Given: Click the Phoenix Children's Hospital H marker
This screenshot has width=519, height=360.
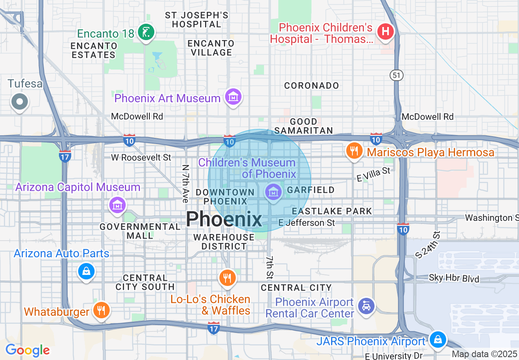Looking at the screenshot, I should coord(385,31).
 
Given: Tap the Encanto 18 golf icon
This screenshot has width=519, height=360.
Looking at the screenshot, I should coord(145,32).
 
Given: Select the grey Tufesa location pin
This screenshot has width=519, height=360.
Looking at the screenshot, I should coord(20,101).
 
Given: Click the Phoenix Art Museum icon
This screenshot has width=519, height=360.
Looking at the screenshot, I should coord(233,97).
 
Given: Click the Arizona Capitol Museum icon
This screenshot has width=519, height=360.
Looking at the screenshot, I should coord(117,204).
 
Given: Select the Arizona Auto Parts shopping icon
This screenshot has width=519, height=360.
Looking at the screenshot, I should coord(86,271).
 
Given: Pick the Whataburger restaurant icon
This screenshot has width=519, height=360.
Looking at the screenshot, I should coord(100,310).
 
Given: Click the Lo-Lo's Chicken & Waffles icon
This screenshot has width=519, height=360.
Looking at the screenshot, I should coord(227,278).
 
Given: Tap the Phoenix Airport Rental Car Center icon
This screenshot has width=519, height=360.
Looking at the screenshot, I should coord(366,306).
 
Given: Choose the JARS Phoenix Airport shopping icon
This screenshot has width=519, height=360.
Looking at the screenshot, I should coord(438,339).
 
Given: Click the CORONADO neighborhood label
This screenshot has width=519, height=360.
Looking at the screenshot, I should coord(311,85).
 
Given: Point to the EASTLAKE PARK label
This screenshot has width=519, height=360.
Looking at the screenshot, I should coord(332,211).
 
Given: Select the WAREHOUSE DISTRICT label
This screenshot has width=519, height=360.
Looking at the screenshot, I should coord(224,242).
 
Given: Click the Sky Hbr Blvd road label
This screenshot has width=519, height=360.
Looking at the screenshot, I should coord(454,279).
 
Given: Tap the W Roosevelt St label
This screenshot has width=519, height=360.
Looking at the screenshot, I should coord(141,157).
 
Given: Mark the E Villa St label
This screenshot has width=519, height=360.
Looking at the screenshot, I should coord(373,175).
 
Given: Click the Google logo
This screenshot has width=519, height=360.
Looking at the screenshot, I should coord(27,351).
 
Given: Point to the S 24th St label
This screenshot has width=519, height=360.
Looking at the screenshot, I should coord(428,245).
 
